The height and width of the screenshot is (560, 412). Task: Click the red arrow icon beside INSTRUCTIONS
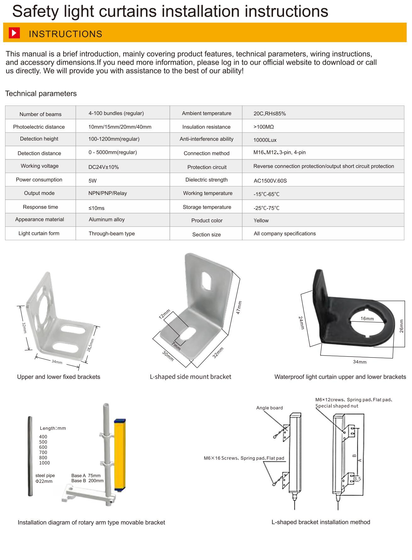coord(14,33)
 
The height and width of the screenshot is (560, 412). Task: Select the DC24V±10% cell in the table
coord(103,167)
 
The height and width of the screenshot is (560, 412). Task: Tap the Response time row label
coord(40,207)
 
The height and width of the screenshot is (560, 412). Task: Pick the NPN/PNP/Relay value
coord(108,193)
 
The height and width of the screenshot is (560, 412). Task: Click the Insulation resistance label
coord(206,127)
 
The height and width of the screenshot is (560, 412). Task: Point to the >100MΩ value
coord(264,127)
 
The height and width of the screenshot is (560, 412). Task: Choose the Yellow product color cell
coord(261,221)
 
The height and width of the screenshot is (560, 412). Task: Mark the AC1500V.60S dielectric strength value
coord(270,181)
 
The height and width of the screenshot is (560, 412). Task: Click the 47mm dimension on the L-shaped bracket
coord(239,307)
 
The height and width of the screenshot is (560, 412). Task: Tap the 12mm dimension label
coord(164,314)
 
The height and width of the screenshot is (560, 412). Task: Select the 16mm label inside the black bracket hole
coord(367,319)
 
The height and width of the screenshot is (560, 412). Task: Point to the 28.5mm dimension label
coord(90,345)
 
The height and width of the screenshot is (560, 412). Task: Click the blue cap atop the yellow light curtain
coord(120,421)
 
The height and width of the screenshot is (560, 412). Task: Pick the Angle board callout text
coord(270,408)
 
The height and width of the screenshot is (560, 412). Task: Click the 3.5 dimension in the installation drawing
coord(357,479)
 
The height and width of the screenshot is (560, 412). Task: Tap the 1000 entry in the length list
coord(44,463)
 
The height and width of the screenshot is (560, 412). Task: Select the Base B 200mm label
coord(87,481)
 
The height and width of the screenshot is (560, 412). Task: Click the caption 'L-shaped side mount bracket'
coord(190,377)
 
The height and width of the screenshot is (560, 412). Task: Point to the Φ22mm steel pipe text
coord(44,481)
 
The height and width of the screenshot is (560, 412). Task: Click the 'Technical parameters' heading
coord(41,94)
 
